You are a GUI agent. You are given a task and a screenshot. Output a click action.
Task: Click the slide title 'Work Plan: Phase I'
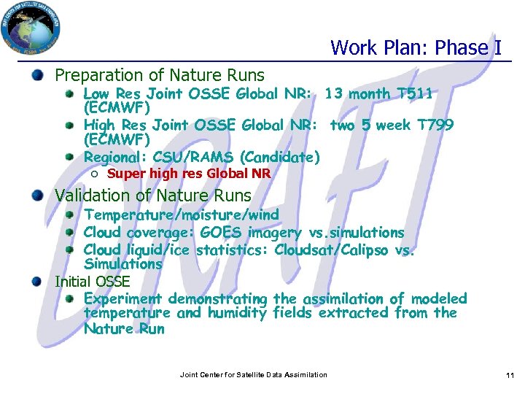416,48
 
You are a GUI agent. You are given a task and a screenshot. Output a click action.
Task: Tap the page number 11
510,375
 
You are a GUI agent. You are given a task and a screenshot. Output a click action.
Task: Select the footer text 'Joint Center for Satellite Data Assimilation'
253,375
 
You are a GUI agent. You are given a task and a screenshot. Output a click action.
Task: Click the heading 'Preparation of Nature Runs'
160,75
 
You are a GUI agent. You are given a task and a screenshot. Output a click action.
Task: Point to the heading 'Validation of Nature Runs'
153,196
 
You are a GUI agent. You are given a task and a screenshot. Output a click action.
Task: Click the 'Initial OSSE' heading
93,281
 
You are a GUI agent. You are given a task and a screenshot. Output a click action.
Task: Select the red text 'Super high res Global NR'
189,174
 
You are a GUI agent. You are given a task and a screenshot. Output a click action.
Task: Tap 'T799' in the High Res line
435,125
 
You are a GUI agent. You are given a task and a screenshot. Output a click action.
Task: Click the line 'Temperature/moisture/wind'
182,215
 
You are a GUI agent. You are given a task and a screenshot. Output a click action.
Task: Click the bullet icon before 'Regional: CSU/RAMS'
69,157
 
